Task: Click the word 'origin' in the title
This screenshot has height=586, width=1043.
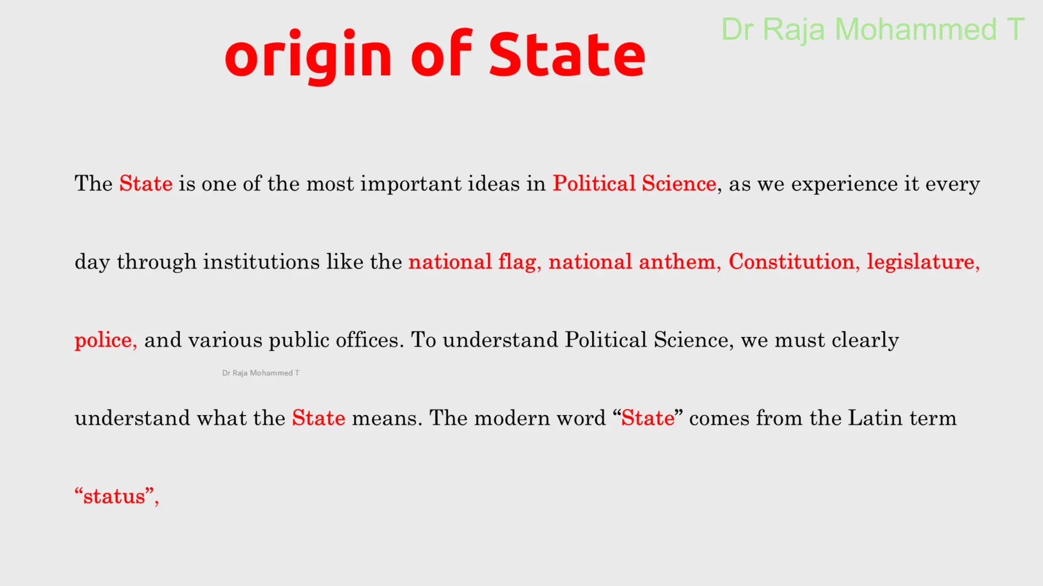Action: (x=308, y=55)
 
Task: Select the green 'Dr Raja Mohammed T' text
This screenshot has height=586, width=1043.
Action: (x=872, y=30)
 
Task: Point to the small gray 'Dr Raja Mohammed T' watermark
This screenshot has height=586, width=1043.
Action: (x=261, y=373)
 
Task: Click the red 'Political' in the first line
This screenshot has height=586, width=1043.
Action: (x=594, y=184)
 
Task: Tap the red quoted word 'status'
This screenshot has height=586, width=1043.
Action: (x=114, y=496)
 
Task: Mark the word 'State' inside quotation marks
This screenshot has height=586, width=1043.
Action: (x=648, y=418)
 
